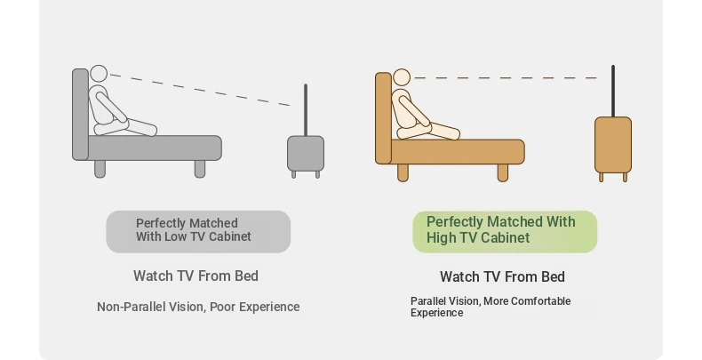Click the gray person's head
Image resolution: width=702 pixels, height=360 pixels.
pos(99,74)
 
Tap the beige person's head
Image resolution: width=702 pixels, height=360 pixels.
pos(402,77)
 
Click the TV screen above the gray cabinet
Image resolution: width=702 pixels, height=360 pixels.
pos(306,109)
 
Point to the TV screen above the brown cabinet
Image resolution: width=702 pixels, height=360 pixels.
pos(613,91)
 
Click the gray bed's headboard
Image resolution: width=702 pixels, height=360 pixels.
pos(81,114)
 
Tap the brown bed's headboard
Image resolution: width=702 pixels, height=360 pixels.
pos(384,117)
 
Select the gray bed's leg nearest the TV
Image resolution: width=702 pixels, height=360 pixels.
pos(200,169)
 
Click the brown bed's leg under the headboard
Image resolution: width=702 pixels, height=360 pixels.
pos(403,172)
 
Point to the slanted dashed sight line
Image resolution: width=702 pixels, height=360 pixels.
pos(200,90)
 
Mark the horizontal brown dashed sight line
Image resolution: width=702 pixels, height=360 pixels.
pos(506,78)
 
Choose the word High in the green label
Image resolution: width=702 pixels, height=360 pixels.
pos(441,237)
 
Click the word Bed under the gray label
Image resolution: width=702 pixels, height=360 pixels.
pos(247,276)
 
